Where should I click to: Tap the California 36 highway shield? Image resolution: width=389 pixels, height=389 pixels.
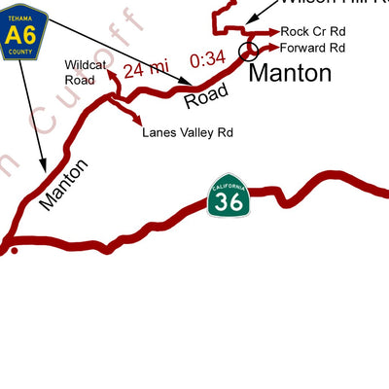(229, 197)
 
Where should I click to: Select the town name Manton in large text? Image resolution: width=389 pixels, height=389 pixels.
(291, 73)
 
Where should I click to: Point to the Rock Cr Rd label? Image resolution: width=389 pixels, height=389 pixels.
(312, 31)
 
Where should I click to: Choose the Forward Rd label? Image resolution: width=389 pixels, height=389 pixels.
(313, 47)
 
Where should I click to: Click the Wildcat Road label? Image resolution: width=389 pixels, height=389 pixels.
(81, 72)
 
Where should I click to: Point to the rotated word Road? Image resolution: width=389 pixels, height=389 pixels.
(206, 93)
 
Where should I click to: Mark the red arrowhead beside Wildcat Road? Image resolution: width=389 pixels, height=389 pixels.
(111, 72)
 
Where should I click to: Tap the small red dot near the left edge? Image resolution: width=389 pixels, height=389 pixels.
(14, 250)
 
